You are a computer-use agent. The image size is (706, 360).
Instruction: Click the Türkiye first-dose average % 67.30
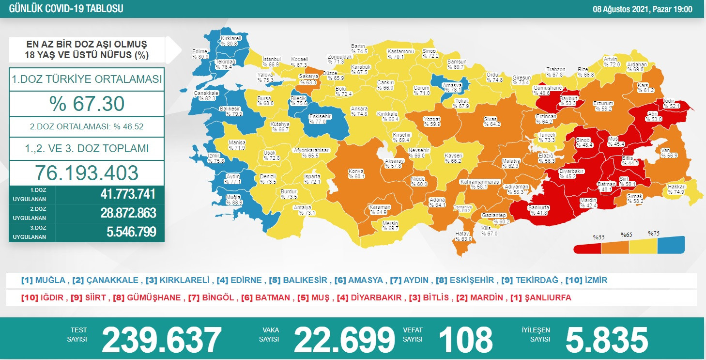click(x=87, y=103)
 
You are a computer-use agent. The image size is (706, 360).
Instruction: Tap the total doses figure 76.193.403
click(x=87, y=173)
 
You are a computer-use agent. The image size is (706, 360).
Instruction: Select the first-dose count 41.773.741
click(x=128, y=194)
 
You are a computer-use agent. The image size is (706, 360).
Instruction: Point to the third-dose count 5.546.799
click(x=131, y=232)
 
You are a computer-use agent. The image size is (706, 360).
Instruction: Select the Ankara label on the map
click(x=359, y=111)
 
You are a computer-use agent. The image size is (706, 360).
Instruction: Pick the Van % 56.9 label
click(x=669, y=153)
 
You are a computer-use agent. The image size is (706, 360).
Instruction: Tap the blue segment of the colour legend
click(x=671, y=246)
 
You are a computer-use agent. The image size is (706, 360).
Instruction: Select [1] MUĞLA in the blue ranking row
click(x=43, y=280)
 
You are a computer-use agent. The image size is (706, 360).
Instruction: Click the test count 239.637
click(x=161, y=339)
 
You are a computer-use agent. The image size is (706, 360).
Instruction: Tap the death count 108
click(x=465, y=339)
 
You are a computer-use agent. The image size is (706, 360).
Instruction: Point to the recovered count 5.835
click(x=606, y=339)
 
